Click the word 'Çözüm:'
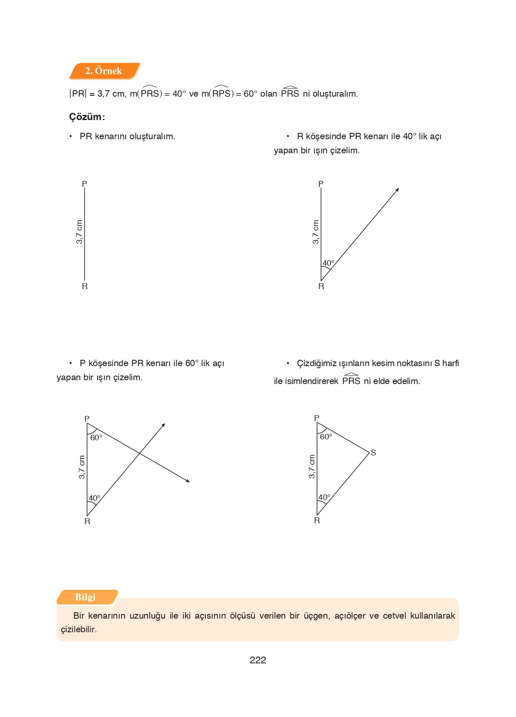(x=87, y=117)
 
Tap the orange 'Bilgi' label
(x=85, y=597)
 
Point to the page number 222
(x=258, y=660)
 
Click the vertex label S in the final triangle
(x=373, y=453)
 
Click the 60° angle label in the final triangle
(x=326, y=437)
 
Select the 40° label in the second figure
(x=328, y=263)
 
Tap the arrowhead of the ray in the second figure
(x=397, y=189)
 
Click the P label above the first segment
(x=84, y=184)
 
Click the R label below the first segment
(x=84, y=287)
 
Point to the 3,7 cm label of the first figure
(x=79, y=232)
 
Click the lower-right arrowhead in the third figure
(x=188, y=481)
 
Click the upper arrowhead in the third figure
(x=164, y=424)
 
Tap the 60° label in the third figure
(x=96, y=438)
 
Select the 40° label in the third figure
(x=94, y=498)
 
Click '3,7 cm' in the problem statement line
(x=111, y=94)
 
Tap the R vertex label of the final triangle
(x=317, y=521)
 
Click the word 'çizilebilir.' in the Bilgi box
(x=79, y=629)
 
